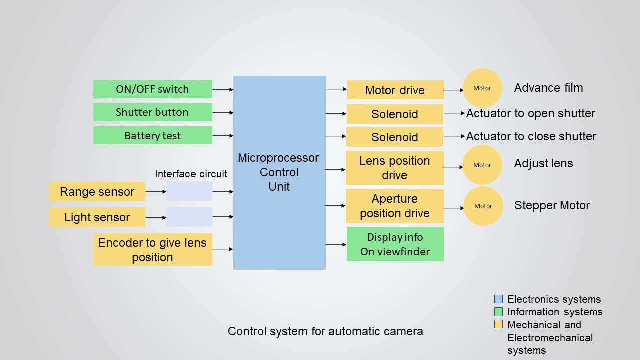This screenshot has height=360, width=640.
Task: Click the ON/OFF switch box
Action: pos(152,89)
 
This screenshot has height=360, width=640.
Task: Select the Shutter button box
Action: pos(152,112)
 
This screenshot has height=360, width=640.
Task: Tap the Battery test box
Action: pos(152,135)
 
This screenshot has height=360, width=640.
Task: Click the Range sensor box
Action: pos(97,192)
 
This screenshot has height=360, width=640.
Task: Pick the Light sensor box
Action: pos(97,217)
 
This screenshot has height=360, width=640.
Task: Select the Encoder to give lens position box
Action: pos(152,250)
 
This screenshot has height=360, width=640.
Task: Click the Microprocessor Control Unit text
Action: pos(278,172)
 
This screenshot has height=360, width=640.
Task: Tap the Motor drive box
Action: pos(395,90)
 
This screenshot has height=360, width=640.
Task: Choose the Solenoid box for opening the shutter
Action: pos(394,114)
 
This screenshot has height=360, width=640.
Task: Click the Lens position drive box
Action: pos(394,168)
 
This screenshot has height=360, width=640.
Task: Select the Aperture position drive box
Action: pos(394,206)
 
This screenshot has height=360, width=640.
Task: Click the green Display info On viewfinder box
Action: pos(395,244)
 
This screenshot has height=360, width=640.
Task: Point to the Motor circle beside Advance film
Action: pos(482,88)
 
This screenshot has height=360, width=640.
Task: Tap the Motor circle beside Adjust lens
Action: pos(482,165)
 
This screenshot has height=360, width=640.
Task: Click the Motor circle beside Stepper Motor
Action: pos(483,206)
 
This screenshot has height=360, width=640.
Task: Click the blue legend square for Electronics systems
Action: pos(498,299)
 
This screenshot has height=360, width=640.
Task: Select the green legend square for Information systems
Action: pos(498,312)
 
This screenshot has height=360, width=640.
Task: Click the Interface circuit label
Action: pos(191,174)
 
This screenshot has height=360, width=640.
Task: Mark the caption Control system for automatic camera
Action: pos(325,331)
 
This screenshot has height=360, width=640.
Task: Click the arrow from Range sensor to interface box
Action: pos(155,191)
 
